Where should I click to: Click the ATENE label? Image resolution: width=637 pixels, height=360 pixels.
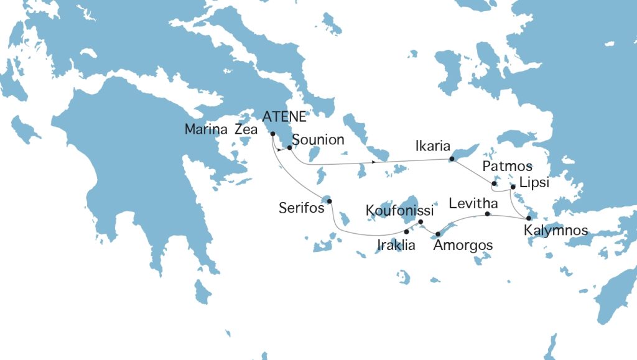(x=284, y=116)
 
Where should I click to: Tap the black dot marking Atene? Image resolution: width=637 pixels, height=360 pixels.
(x=273, y=134)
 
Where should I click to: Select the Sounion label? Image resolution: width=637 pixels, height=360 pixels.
(x=318, y=139)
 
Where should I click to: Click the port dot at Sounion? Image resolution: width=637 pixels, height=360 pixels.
(x=290, y=148)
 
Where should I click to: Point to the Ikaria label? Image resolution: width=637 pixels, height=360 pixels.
(x=432, y=147)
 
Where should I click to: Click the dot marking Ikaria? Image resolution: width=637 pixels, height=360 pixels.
(x=452, y=160)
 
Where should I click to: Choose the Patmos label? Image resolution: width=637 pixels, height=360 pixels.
(x=508, y=167)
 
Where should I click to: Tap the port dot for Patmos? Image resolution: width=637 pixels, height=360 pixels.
(x=493, y=184)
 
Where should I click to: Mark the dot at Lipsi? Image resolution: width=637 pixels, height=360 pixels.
(x=513, y=187)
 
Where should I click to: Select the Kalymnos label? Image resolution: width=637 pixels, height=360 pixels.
(x=556, y=231)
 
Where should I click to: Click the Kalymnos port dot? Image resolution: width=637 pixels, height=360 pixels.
(x=528, y=218)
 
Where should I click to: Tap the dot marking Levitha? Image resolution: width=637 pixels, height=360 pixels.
(x=487, y=215)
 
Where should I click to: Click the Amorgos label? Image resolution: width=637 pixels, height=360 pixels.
(x=463, y=246)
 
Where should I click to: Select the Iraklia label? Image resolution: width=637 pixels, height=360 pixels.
(x=396, y=245)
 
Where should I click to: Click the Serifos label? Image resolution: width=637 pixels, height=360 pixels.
(x=302, y=208)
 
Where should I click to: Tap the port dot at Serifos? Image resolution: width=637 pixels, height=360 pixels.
(x=330, y=201)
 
